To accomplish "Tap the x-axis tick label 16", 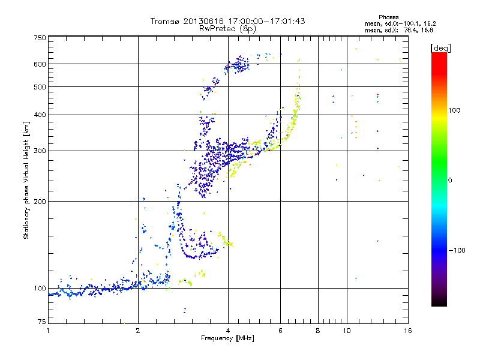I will coord(407,331).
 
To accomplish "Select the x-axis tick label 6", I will coord(281,331).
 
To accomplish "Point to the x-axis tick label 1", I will coord(48,331).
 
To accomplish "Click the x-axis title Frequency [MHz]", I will coord(227,339).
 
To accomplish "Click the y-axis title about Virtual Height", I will coord(26,180).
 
